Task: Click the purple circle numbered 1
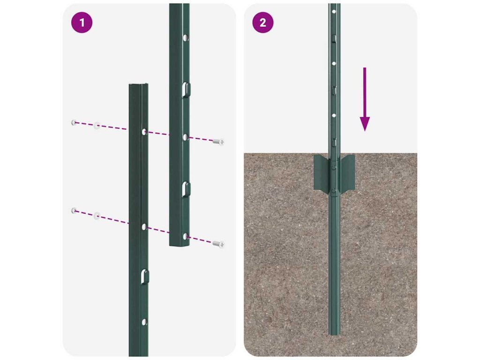click(x=82, y=22)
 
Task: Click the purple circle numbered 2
click(x=262, y=22)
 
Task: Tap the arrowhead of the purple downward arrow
click(x=365, y=124)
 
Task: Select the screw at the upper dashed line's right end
click(x=218, y=142)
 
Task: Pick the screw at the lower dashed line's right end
click(x=218, y=244)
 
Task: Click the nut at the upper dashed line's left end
click(x=74, y=122)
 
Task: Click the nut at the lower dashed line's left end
click(x=74, y=210)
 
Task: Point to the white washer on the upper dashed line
click(x=97, y=125)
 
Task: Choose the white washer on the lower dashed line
click(x=97, y=216)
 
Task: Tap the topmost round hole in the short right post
click(x=185, y=38)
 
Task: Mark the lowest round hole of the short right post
click(x=185, y=236)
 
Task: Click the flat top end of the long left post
click(x=139, y=85)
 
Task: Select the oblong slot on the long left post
click(x=145, y=277)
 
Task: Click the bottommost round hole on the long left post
click(x=144, y=322)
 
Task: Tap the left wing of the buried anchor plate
click(x=321, y=172)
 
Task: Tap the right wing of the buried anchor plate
click(x=347, y=172)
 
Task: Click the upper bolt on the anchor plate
click(x=334, y=167)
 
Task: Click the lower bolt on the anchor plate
click(x=334, y=192)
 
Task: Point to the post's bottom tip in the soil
click(x=334, y=334)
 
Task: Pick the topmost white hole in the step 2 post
click(x=334, y=12)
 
